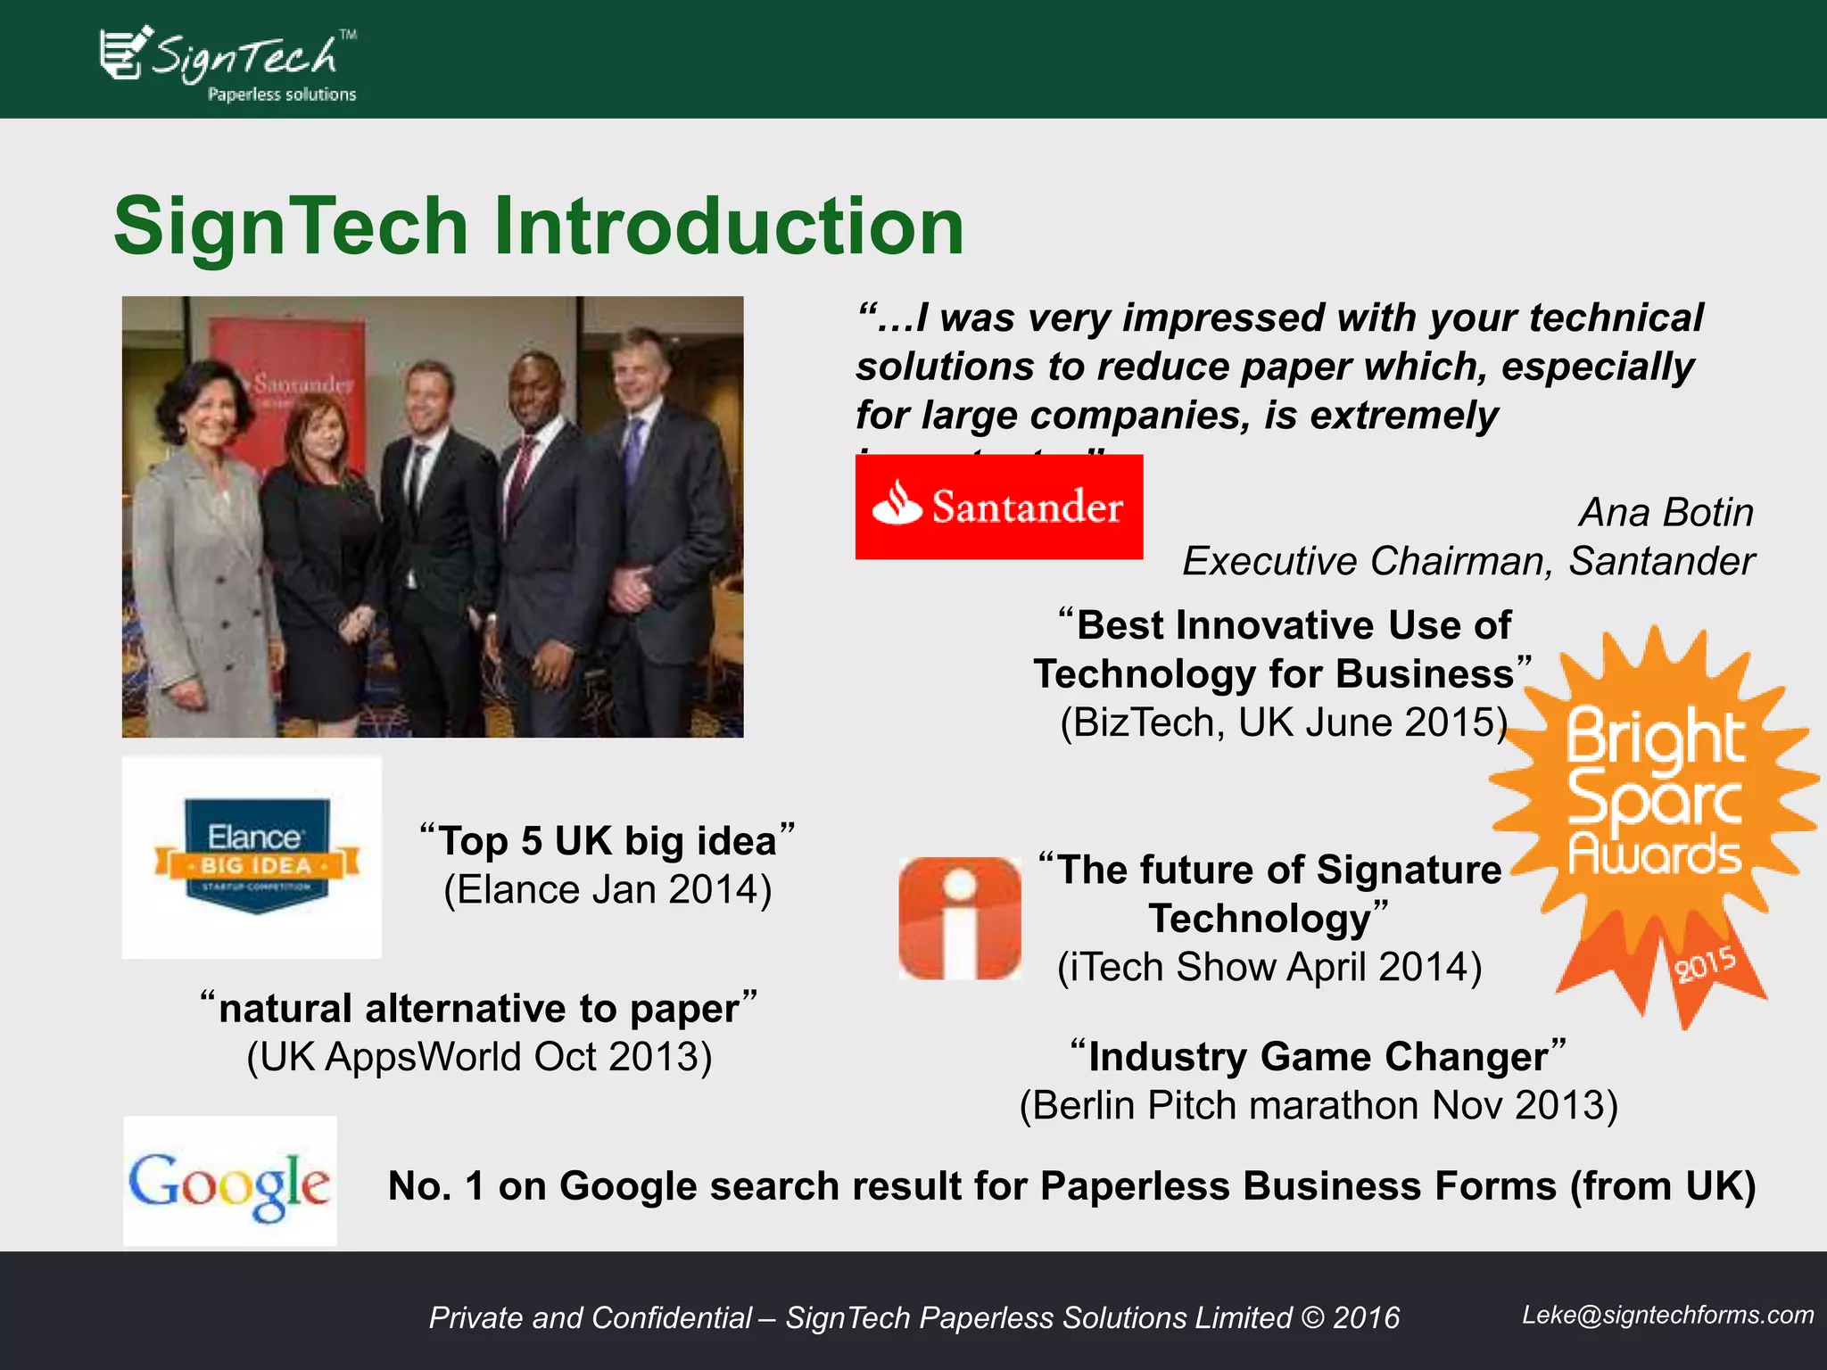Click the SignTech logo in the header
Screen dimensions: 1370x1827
228,62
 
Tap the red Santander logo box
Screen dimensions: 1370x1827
998,507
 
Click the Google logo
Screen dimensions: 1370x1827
229,1182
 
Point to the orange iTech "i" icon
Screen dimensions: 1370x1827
959,918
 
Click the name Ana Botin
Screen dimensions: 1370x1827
1665,513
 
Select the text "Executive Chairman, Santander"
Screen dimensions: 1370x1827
1467,562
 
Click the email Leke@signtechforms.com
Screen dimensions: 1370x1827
1666,1315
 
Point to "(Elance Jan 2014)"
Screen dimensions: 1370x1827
608,890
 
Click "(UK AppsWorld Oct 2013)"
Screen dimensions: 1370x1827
479,1058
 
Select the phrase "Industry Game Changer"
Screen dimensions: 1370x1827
1318,1057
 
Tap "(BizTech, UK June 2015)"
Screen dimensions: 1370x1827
1283,722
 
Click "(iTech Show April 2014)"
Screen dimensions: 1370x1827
1269,968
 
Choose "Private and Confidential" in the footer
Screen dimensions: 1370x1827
590,1318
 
